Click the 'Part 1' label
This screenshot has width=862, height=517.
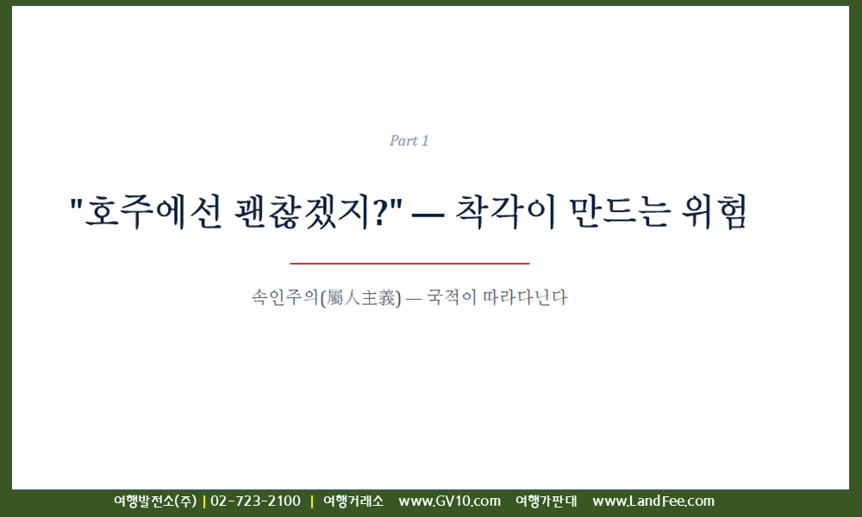click(409, 141)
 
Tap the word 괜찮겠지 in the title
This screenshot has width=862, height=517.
click(302, 212)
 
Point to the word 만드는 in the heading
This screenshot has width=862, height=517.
click(620, 212)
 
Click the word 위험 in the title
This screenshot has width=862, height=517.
click(714, 212)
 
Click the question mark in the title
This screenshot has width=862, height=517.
click(380, 212)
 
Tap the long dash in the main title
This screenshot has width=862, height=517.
click(428, 214)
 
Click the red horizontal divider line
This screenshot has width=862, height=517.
click(409, 264)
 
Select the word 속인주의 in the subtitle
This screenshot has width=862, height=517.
click(284, 297)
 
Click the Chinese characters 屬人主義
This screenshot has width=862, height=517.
click(360, 298)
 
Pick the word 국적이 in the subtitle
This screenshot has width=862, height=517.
click(451, 297)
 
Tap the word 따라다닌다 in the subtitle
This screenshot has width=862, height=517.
click(525, 297)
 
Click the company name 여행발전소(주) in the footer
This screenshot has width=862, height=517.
click(155, 501)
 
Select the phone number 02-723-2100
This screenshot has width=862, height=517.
click(256, 501)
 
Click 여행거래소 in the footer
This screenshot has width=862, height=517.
click(353, 501)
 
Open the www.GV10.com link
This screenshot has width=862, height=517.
click(450, 501)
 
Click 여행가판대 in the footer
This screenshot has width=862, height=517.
click(547, 501)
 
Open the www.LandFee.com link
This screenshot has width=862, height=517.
click(653, 501)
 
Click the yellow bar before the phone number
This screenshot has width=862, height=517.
click(204, 501)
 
